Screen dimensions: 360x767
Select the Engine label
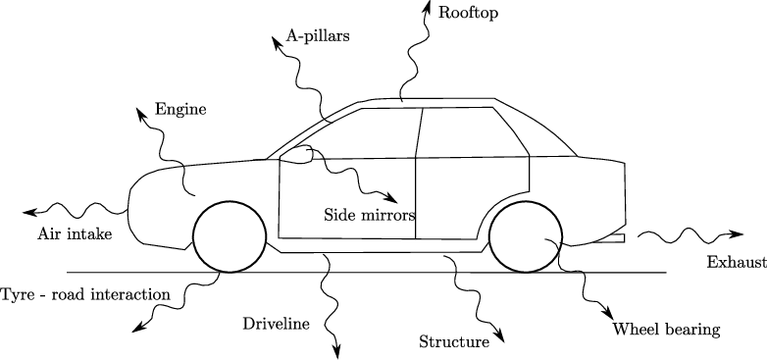pos(180,109)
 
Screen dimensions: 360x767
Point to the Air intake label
pos(75,233)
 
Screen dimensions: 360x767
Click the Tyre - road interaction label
pos(85,293)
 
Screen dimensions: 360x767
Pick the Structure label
pos(453,342)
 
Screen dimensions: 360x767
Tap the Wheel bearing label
pos(666,329)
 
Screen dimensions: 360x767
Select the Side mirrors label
pos(370,214)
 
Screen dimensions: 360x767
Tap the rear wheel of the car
pos(527,236)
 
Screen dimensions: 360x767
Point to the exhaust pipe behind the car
pos(614,237)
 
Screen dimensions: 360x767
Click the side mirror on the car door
pos(297,152)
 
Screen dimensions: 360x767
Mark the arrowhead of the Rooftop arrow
pos(427,6)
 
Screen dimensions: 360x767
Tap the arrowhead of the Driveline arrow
pos(337,350)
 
